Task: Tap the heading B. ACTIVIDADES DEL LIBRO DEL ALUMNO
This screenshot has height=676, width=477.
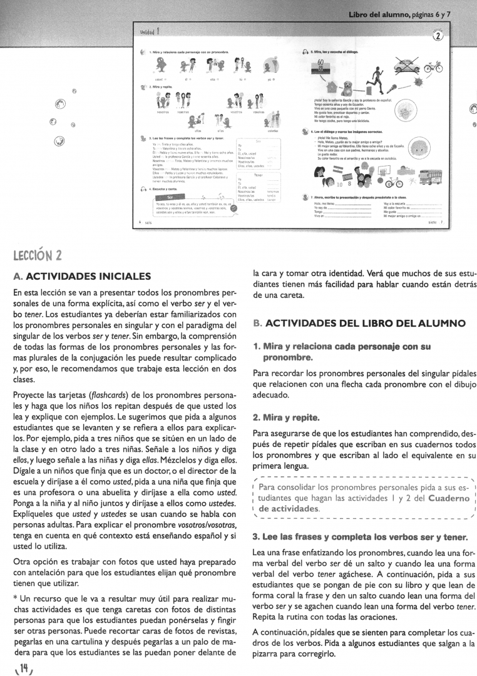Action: (359, 324)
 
